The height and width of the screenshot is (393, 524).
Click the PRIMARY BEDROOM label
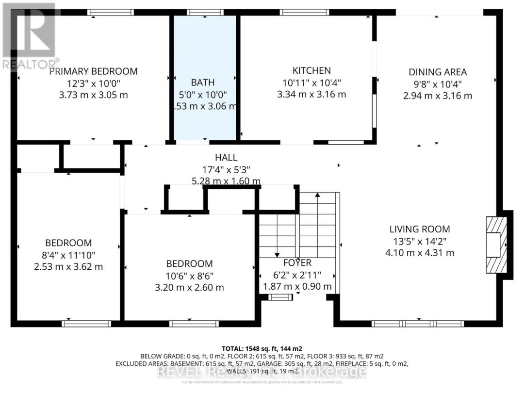(x=93, y=71)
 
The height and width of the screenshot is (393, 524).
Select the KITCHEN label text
(x=311, y=71)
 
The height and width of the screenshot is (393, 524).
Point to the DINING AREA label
(x=438, y=72)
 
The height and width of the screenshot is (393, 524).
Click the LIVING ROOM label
(x=420, y=229)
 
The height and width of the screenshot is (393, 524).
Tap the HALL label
(x=226, y=158)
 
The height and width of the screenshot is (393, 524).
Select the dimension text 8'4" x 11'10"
(x=68, y=255)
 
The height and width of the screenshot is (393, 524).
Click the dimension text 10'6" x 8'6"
(x=189, y=276)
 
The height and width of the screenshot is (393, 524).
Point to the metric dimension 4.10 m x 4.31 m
(x=420, y=252)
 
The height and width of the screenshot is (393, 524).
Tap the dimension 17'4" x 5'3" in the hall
(x=226, y=170)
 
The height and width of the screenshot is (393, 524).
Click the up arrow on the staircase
(x=317, y=195)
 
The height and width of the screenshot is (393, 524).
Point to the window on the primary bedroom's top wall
(x=111, y=13)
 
